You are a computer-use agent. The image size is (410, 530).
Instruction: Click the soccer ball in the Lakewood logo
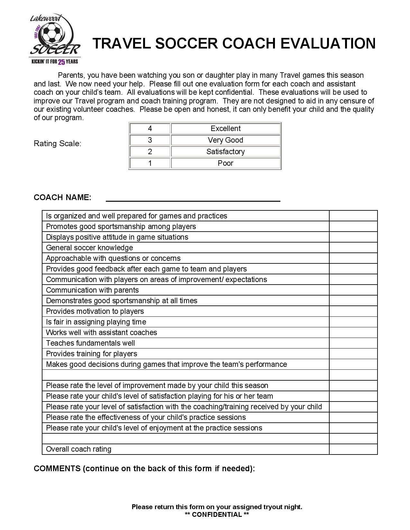51,34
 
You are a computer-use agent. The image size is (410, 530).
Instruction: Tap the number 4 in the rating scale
150,128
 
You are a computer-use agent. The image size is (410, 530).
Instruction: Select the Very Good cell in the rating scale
225,140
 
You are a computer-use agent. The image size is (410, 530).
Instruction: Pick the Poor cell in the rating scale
225,163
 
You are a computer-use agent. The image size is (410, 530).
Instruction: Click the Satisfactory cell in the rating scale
225,152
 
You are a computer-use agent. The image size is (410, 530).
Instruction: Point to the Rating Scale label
57,144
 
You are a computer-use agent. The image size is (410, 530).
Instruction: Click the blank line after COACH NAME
193,198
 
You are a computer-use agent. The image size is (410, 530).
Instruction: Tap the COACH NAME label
62,198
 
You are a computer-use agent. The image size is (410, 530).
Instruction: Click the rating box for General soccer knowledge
353,248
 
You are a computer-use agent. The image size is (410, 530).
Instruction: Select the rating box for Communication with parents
353,290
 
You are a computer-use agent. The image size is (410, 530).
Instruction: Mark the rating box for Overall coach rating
353,449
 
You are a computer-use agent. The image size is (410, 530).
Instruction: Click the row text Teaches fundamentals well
90,343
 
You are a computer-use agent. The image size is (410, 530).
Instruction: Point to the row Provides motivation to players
95,311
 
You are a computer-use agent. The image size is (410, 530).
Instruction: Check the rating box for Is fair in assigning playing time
353,322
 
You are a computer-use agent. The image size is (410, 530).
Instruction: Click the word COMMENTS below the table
57,468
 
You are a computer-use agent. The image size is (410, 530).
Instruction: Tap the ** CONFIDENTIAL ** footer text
217,515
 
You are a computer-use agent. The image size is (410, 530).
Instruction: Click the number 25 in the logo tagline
61,62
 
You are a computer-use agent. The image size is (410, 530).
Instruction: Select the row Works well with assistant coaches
101,332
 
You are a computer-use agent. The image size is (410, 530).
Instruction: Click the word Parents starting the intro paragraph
71,75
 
